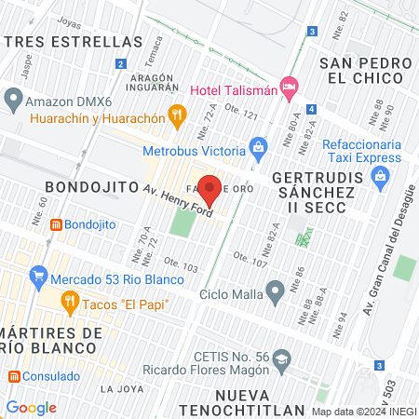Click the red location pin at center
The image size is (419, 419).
point(210,189)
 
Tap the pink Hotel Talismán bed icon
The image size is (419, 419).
point(290,88)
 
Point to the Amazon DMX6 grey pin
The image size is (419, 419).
point(13,97)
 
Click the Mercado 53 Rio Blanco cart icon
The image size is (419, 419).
point(38,277)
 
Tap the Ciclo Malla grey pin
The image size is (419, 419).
point(274,293)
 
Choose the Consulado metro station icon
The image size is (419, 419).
point(14,377)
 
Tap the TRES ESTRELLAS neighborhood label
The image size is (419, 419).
point(72,42)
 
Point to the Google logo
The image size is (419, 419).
point(32,408)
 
